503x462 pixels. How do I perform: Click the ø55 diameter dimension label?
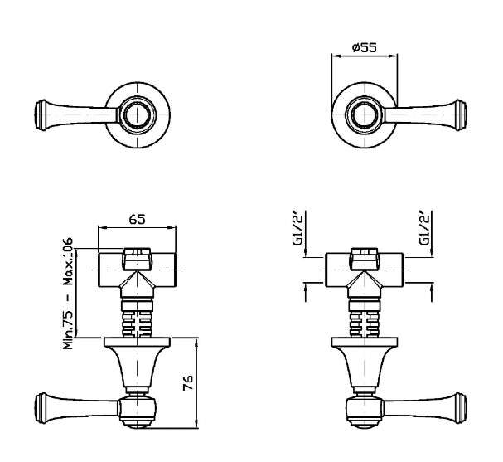click(x=365, y=48)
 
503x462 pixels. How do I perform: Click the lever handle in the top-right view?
click(x=427, y=113)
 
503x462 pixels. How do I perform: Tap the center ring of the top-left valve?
click(x=137, y=113)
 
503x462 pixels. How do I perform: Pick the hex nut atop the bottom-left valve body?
click(x=137, y=258)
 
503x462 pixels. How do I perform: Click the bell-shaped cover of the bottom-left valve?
click(x=137, y=365)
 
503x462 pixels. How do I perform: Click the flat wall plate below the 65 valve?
click(x=137, y=341)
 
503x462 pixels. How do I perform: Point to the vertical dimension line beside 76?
click(x=196, y=383)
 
